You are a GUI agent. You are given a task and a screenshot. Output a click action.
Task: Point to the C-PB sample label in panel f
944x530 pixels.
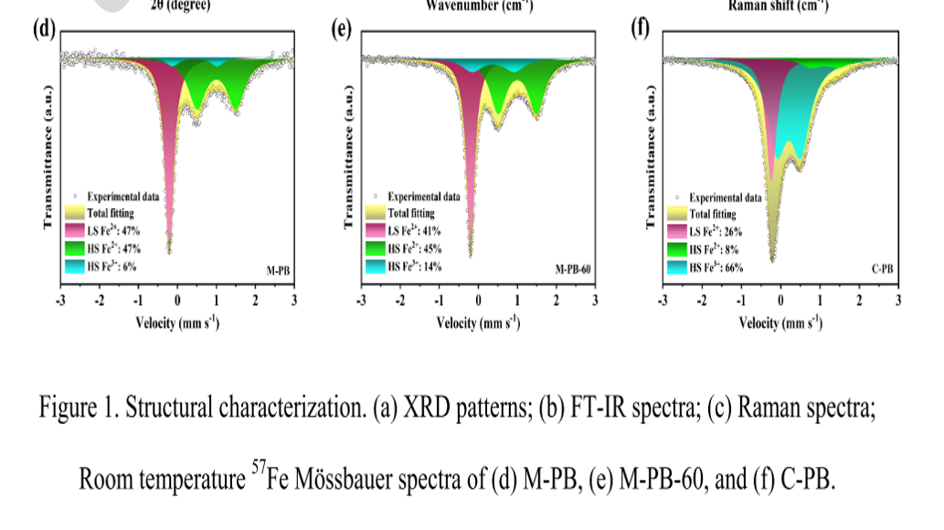(881, 271)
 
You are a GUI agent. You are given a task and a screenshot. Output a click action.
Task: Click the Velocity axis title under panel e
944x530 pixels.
(478, 323)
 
